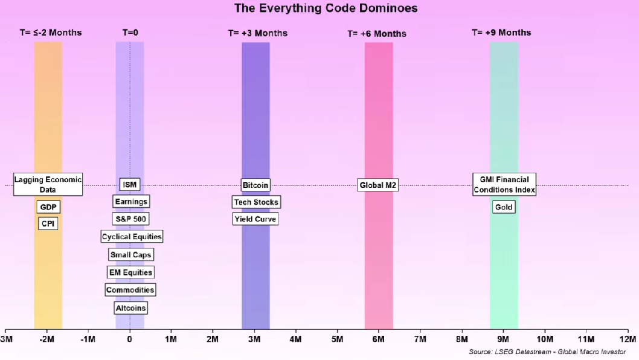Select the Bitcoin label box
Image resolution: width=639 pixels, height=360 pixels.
[255, 185]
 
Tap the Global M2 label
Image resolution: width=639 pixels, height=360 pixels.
[377, 185]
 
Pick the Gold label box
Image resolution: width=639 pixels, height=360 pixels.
[503, 207]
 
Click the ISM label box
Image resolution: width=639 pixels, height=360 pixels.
[129, 185]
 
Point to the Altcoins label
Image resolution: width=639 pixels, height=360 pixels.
[130, 308]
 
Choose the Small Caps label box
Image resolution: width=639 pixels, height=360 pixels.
[130, 255]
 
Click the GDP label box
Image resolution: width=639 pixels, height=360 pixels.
[48, 207]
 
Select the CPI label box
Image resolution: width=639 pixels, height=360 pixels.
[48, 223]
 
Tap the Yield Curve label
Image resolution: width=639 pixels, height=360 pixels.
[255, 219]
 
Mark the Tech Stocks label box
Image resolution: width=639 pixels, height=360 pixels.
[256, 202]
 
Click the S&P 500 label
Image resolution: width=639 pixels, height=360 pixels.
[130, 219]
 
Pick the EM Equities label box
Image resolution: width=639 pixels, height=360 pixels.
[130, 272]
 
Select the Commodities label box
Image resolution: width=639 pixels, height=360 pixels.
[130, 290]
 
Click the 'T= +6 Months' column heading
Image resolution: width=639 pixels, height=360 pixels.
[377, 34]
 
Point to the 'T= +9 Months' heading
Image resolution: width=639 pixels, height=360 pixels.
[501, 33]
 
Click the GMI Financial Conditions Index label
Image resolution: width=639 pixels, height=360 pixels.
[504, 184]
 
